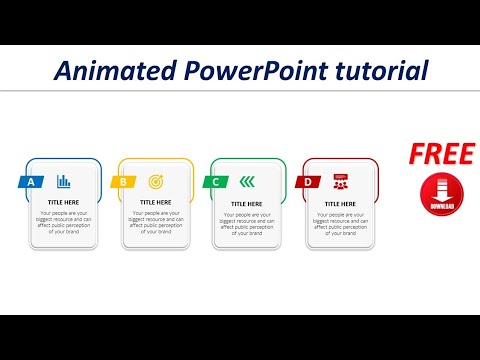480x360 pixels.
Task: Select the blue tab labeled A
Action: tap(31, 182)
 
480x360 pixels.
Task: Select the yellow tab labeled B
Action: tap(123, 182)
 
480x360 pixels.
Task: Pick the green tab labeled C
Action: tap(215, 182)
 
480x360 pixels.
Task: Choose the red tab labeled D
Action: tap(307, 182)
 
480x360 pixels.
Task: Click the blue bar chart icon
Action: tap(64, 181)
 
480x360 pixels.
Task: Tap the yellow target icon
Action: tap(155, 181)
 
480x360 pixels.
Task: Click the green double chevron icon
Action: tap(247, 181)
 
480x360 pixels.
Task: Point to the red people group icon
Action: tap(340, 181)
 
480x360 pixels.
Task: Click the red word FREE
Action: tap(440, 153)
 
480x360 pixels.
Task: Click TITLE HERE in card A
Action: tap(63, 202)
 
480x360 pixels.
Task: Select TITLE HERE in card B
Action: tap(155, 202)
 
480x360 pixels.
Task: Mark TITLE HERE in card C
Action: tap(247, 202)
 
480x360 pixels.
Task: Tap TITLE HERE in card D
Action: tap(340, 202)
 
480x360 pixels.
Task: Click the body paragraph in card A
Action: tap(63, 221)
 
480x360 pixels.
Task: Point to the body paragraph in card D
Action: tap(340, 221)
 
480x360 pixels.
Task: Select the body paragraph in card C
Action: tap(247, 221)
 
